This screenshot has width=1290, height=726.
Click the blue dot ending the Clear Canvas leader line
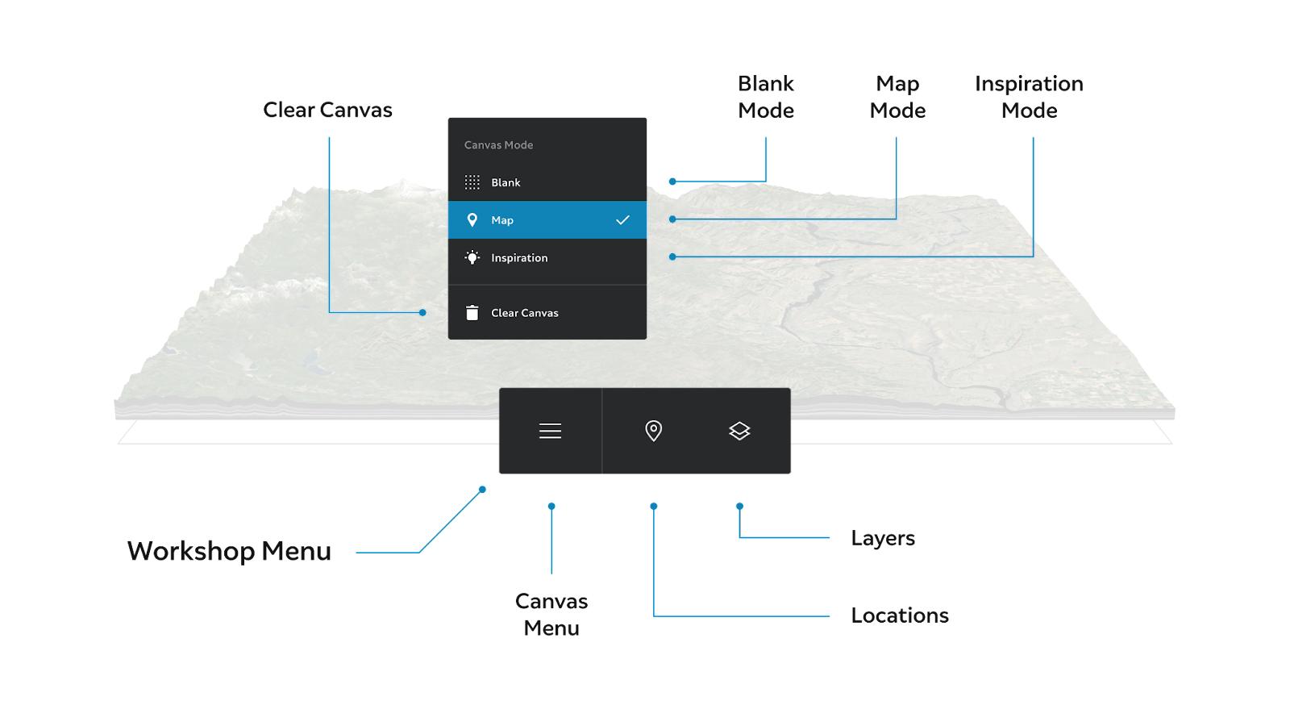pos(422,312)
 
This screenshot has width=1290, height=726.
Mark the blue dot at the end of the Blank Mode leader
pos(672,181)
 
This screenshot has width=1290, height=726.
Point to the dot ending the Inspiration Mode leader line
pos(672,257)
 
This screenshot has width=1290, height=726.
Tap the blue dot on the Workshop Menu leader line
pos(483,490)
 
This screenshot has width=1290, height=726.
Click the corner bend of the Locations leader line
pos(654,616)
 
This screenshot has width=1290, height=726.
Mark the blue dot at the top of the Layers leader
pos(739,507)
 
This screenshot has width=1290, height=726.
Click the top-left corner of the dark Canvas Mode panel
pos(448,119)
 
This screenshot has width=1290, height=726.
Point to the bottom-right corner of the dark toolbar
pos(790,473)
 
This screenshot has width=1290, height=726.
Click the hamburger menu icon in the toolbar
pos(550,431)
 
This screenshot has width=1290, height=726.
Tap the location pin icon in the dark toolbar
pos(654,431)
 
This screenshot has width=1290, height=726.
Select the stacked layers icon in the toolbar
pos(739,431)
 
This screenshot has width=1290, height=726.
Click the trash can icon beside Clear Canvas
pos(472,312)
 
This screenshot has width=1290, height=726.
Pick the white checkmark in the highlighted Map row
pos(622,220)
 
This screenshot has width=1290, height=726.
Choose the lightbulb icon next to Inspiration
pos(472,257)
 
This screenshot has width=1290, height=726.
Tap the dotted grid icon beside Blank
pos(472,182)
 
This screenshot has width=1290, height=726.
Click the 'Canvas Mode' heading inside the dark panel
pos(499,145)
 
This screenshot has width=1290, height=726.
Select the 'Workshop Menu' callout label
pos(229,551)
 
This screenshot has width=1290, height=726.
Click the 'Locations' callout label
pos(900,615)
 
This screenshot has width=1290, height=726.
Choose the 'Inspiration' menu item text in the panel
pos(519,257)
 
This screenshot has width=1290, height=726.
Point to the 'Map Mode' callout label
pos(898,97)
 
